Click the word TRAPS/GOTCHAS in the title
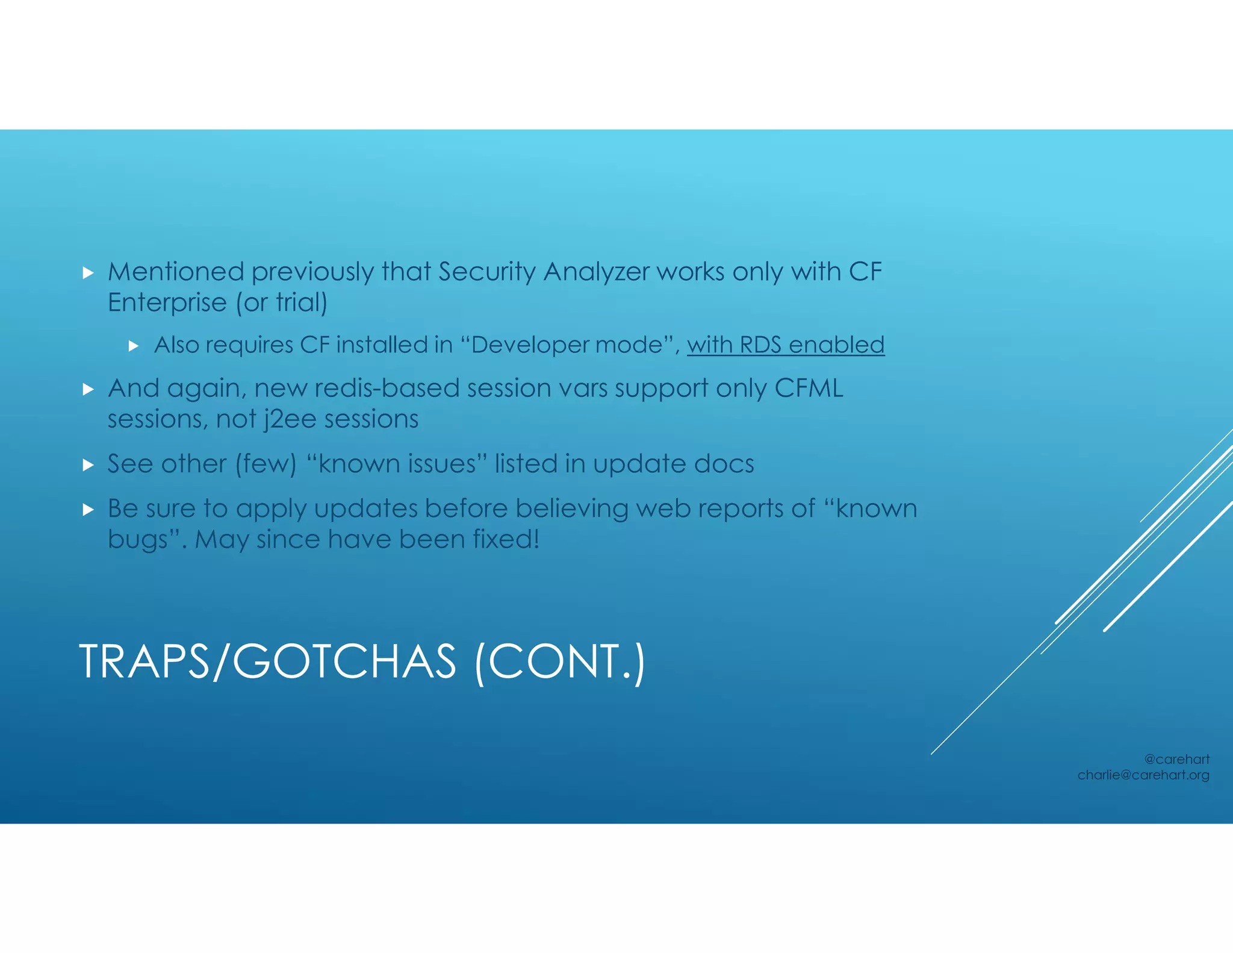pyautogui.click(x=267, y=662)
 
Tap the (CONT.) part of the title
pyautogui.click(x=560, y=662)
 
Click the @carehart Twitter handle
pyautogui.click(x=1176, y=759)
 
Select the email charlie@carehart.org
pyautogui.click(x=1143, y=775)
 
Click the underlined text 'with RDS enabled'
pyautogui.click(x=786, y=345)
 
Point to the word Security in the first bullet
pyautogui.click(x=486, y=272)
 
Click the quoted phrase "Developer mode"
pyautogui.click(x=566, y=345)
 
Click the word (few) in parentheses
pyautogui.click(x=266, y=464)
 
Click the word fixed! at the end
pyautogui.click(x=506, y=539)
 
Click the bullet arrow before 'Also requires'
pyautogui.click(x=134, y=346)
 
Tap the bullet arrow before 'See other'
pyautogui.click(x=88, y=464)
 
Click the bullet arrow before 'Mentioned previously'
pyautogui.click(x=88, y=273)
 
